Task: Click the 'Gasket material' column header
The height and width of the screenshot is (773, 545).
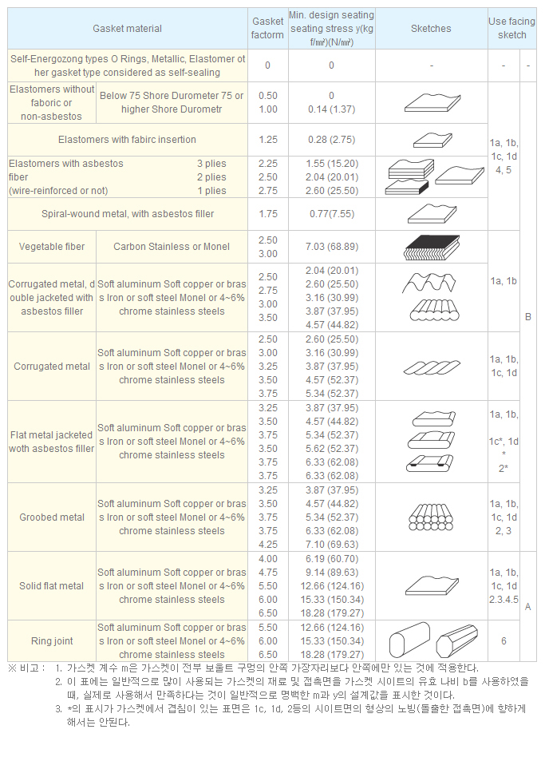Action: coord(127,29)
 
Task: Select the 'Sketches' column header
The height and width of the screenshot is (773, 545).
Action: coord(431,29)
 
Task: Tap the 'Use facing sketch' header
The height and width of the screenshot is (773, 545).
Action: coord(511,29)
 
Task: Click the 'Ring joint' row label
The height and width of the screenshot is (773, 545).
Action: coord(52,641)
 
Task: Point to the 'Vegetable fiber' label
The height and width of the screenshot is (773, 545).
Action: coord(52,247)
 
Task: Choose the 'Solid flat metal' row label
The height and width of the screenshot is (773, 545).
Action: coord(52,586)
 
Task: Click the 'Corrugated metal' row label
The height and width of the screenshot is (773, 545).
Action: coord(52,367)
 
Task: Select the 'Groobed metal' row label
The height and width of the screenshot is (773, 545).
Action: coord(52,517)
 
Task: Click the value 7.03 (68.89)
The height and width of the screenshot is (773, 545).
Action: coord(331,247)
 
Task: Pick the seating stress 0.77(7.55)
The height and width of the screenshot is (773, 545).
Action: coord(331,214)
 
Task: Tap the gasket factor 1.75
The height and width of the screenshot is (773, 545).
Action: coord(268,214)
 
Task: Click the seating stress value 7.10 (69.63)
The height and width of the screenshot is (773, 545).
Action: coord(331,545)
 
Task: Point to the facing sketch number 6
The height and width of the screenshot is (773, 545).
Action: coord(504,641)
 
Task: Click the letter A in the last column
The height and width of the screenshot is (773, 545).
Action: coord(527,607)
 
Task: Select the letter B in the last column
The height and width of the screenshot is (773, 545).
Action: coord(527,317)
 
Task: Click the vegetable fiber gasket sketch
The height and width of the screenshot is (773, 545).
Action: coord(431,248)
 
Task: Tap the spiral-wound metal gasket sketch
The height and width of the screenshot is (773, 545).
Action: coord(431,214)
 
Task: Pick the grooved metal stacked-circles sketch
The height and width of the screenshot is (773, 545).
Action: coord(431,517)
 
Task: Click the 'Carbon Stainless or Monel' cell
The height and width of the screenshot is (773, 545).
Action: coord(172,247)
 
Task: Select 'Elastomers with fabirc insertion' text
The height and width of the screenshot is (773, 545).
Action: coord(127,140)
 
